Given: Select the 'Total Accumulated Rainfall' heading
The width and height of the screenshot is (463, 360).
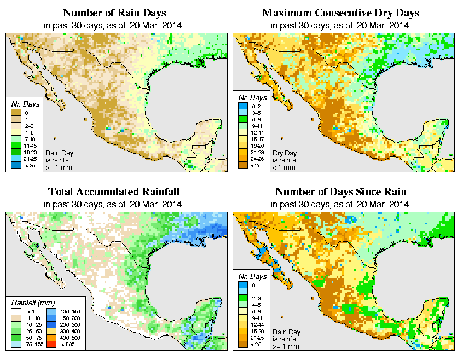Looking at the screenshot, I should (114, 192).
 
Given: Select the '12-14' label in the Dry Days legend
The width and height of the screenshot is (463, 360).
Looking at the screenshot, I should (257, 133).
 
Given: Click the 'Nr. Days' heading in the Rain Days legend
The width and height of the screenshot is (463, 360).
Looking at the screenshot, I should (21, 104).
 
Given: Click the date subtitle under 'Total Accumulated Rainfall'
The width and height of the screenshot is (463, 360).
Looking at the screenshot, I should (114, 204).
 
